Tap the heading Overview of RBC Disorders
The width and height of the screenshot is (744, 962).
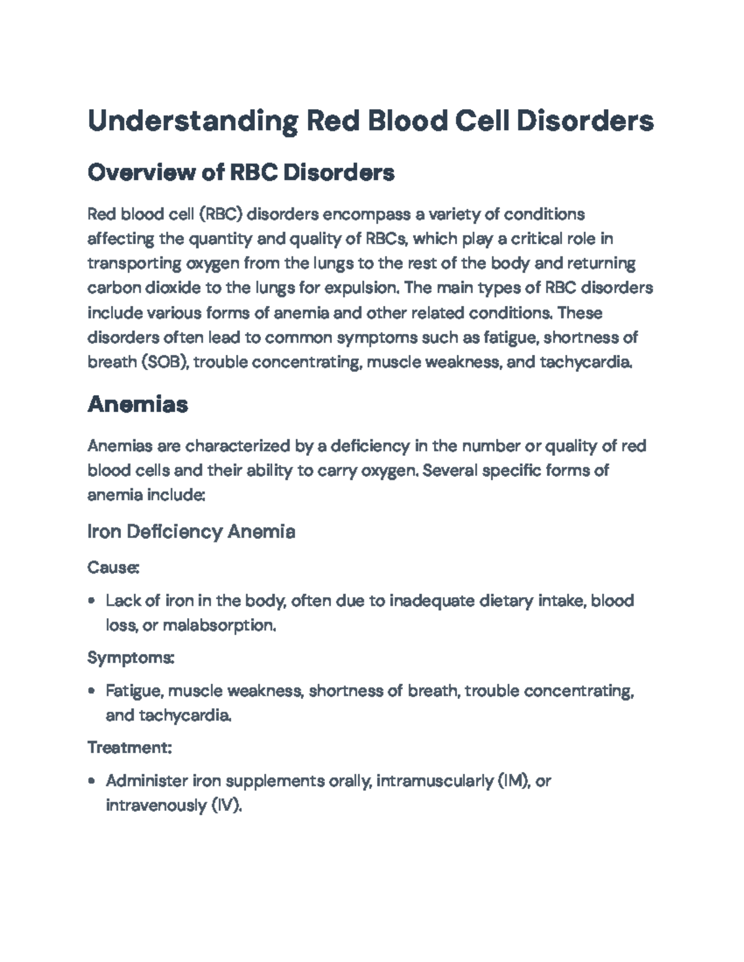[241, 172]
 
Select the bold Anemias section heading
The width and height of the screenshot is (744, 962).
[138, 404]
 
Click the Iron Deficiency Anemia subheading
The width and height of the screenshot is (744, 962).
[191, 531]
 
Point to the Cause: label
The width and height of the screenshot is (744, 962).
[113, 567]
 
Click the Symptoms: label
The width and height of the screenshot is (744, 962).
[131, 657]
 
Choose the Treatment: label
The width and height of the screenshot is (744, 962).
[129, 748]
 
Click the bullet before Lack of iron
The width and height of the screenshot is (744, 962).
[92, 601]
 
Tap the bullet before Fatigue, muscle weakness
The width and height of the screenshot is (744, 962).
[92, 691]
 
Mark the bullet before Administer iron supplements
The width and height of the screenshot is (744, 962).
[92, 781]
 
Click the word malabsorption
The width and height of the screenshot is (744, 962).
[219, 626]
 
